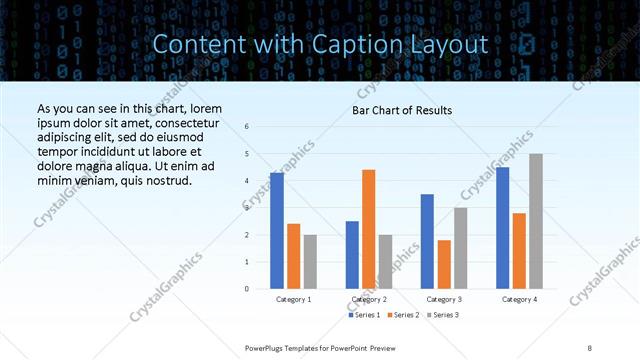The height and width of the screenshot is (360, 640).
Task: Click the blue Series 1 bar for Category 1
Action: click(x=277, y=230)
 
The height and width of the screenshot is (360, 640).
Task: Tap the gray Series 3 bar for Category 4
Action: click(x=536, y=221)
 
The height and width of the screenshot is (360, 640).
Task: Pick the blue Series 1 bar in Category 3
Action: click(x=427, y=241)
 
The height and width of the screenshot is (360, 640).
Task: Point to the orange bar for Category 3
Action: click(x=444, y=264)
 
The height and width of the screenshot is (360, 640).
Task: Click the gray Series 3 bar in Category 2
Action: click(x=386, y=261)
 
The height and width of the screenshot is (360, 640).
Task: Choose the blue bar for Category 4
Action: click(x=502, y=227)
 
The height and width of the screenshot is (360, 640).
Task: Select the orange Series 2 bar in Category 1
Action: click(x=293, y=256)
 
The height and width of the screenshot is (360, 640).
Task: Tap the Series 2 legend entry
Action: click(x=403, y=315)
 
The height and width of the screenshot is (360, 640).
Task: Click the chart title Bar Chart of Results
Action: click(x=402, y=110)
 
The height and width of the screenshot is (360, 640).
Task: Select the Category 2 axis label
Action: click(x=369, y=299)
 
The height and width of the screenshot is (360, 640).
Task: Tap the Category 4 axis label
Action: click(x=519, y=299)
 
